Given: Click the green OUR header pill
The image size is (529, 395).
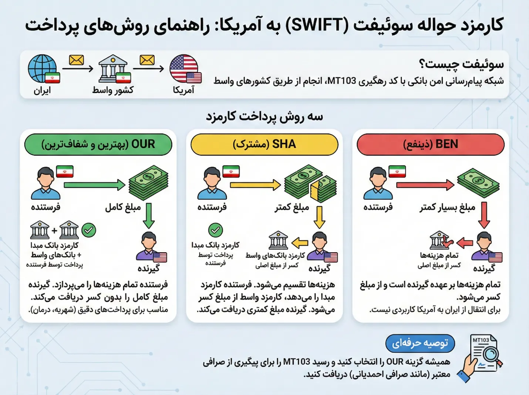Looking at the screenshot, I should [x=98, y=144].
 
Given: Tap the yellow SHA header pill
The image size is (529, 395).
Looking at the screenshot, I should [x=264, y=144].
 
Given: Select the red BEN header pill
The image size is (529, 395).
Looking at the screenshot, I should [x=430, y=144].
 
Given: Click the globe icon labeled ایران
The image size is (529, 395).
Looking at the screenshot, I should [x=43, y=68].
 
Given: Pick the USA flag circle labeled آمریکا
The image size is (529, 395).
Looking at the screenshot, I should [x=184, y=69].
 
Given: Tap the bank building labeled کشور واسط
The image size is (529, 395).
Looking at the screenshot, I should [x=113, y=69].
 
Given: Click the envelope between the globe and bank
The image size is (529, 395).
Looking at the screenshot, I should [x=77, y=60].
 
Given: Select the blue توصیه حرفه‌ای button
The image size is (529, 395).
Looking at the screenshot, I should [x=420, y=344].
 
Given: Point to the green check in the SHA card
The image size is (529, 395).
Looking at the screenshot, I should [x=215, y=230].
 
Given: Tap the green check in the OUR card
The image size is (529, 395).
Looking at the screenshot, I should [x=89, y=230].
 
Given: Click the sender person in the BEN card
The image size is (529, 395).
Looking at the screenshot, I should [x=378, y=183].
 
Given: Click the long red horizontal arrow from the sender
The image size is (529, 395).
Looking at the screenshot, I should [x=425, y=184].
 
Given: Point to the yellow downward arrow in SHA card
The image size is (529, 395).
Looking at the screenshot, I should [x=319, y=217].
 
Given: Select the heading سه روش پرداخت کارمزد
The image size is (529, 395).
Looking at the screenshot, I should [x=264, y=117].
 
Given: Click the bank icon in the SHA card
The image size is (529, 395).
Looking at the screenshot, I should [x=278, y=240].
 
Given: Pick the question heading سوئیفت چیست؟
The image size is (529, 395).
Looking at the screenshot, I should [x=461, y=64].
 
